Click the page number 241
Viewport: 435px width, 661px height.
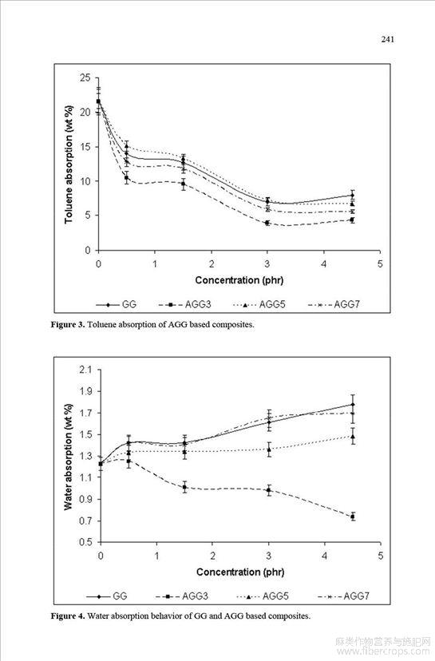pyautogui.click(x=387, y=39)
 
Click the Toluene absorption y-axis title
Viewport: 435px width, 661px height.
pyautogui.click(x=69, y=164)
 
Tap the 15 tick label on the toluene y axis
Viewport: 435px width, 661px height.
pyautogui.click(x=85, y=147)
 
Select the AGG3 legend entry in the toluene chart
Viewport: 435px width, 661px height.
pyautogui.click(x=185, y=304)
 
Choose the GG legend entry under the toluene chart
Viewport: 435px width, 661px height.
pyautogui.click(x=116, y=304)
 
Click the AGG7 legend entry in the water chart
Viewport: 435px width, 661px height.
pyautogui.click(x=343, y=596)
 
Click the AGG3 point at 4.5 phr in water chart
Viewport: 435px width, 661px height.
pyautogui.click(x=353, y=517)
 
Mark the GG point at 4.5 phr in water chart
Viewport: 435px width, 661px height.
pyautogui.click(x=353, y=405)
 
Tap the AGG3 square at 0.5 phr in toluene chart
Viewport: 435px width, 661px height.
pyautogui.click(x=126, y=178)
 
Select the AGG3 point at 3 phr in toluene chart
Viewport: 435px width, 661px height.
pyautogui.click(x=267, y=223)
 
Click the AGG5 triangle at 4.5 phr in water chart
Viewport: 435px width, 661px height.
pyautogui.click(x=353, y=437)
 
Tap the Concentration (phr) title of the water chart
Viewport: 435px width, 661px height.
pyautogui.click(x=240, y=572)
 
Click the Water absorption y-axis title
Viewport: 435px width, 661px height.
pyautogui.click(x=69, y=457)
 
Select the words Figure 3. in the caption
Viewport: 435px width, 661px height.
pyautogui.click(x=69, y=325)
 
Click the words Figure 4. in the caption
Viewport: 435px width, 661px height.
pyautogui.click(x=69, y=615)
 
